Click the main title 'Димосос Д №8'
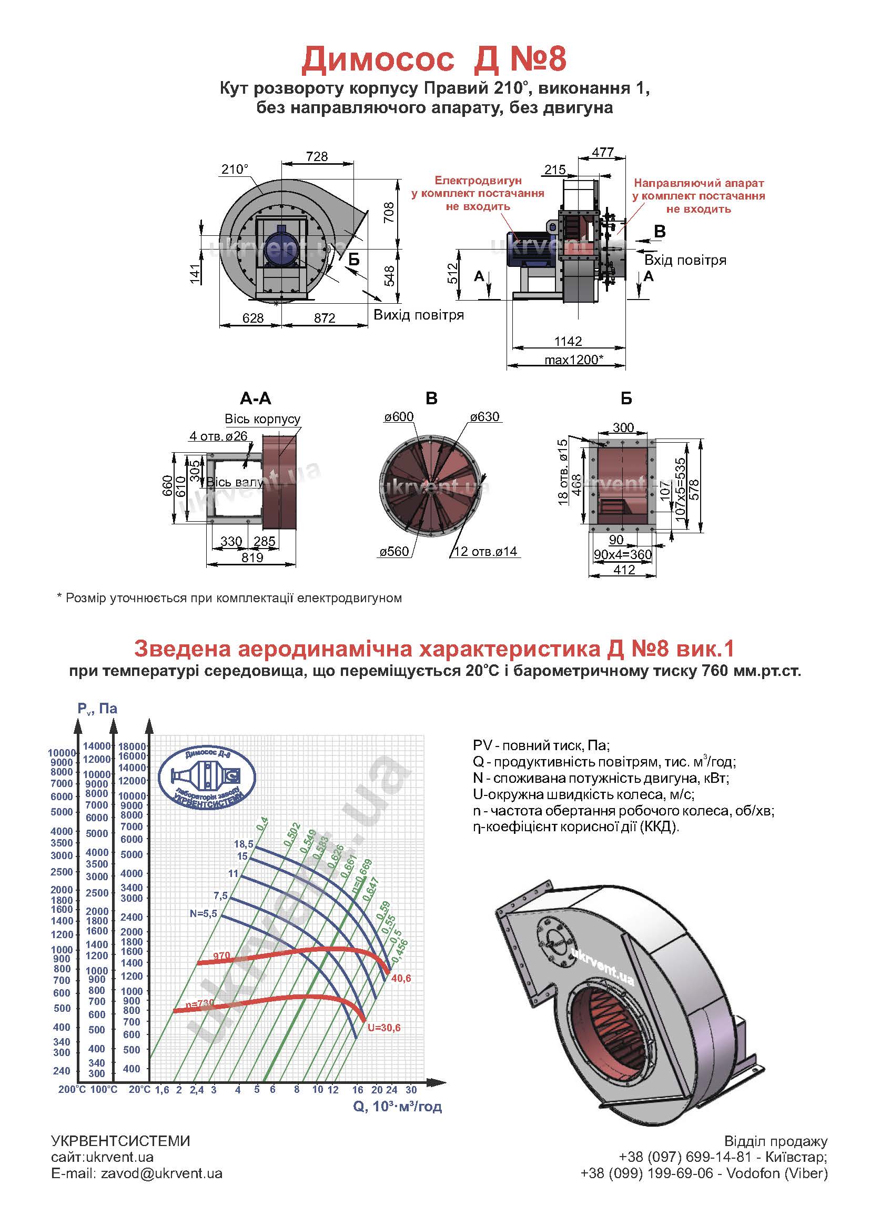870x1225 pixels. (434, 60)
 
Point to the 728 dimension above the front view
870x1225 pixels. (317, 156)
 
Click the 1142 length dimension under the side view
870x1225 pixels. (568, 341)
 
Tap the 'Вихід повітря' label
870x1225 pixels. (418, 315)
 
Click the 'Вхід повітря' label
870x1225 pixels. (685, 261)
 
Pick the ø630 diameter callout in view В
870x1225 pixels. (484, 417)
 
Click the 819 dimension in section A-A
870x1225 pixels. (252, 557)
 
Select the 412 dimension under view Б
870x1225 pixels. (624, 570)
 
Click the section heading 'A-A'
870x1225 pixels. (256, 399)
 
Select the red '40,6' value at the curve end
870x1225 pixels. (401, 979)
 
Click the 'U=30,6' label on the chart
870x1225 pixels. (383, 1028)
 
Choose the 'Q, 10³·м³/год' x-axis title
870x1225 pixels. (397, 1106)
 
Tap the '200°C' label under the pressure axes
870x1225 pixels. (72, 1089)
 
